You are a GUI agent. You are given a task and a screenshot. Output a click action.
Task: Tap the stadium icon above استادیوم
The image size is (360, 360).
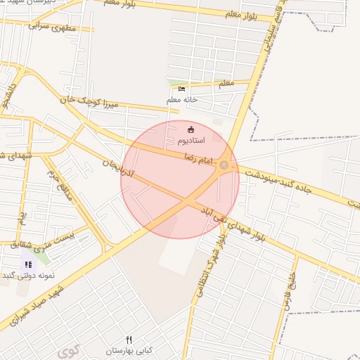click(191, 129)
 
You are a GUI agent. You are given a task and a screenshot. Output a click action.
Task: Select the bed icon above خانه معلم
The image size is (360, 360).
click(182, 89)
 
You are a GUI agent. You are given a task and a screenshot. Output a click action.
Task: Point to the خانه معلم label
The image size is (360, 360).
click(182, 100)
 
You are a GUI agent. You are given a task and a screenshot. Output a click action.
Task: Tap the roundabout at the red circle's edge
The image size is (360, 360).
click(224, 165)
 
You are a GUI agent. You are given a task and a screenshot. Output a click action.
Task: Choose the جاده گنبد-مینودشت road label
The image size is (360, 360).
click(288, 184)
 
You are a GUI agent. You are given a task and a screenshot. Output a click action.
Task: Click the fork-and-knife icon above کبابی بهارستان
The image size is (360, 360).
click(129, 340)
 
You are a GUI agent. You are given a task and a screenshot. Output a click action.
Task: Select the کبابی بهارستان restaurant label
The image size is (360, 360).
click(129, 350)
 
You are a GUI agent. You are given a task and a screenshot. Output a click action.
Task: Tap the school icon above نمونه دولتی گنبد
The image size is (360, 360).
click(28, 264)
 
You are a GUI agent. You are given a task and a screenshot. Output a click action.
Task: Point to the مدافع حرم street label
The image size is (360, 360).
click(60, 184)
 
